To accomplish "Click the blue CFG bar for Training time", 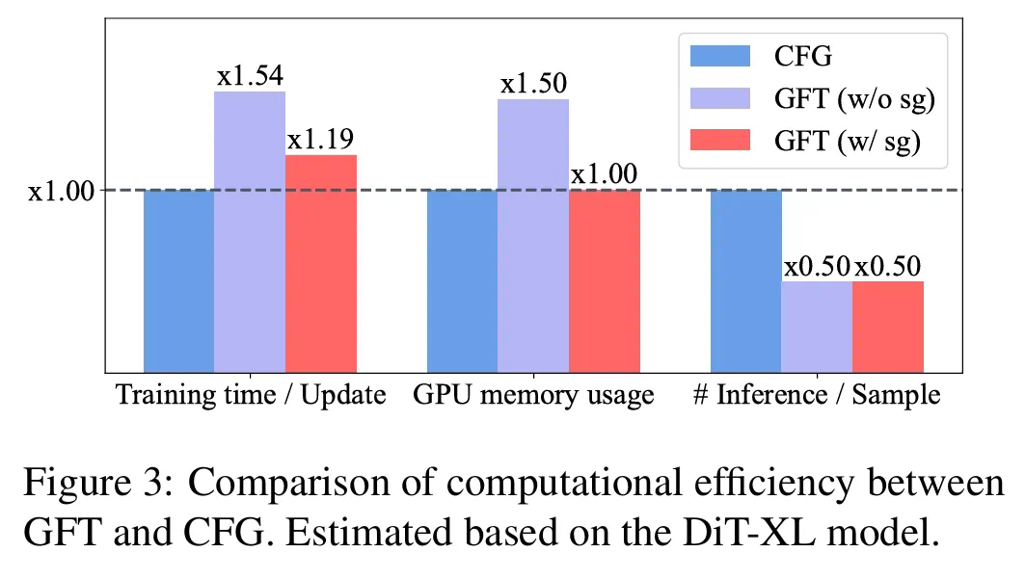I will coord(178,280).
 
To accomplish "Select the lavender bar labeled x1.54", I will coord(250,231).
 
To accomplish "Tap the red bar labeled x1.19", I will coord(321,263).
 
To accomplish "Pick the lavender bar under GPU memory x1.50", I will coord(533,235).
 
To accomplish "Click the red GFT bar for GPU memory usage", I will coord(605,280).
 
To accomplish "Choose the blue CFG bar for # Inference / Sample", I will coord(746,280).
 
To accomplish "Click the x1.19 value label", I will coord(321,141).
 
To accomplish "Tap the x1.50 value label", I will coord(533,84).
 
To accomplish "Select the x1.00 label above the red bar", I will coord(605,174).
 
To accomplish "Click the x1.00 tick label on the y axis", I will coord(62,191).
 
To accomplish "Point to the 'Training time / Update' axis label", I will coord(251,395).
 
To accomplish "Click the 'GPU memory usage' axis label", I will coord(533,395).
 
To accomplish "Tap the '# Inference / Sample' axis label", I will coord(816,395).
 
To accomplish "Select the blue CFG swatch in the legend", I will coord(720,56).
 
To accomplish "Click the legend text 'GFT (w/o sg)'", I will coord(855,98).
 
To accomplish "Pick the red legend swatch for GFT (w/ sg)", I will coord(720,141).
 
